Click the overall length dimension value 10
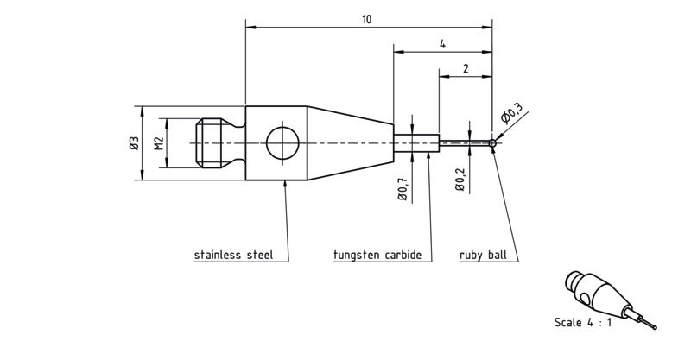[x=366, y=19]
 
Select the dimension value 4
[x=442, y=44]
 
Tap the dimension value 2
[x=466, y=69]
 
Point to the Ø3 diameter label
[x=135, y=142]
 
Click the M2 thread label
[x=159, y=143]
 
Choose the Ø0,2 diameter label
[x=460, y=180]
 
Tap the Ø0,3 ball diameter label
[x=511, y=112]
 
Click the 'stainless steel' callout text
[x=233, y=256]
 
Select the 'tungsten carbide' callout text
[x=377, y=256]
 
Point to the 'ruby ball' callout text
[x=483, y=256]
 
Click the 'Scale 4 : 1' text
[x=582, y=323]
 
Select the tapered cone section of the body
[x=351, y=143]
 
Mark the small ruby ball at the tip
[x=492, y=143]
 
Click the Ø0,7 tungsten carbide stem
[x=416, y=143]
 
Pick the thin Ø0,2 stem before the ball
[x=464, y=143]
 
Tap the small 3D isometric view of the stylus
[x=611, y=300]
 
